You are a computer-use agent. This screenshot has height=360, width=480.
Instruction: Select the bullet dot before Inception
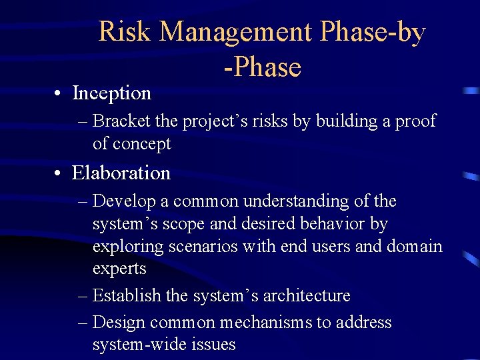coord(60,93)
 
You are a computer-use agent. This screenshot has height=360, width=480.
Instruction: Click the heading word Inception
coord(111,93)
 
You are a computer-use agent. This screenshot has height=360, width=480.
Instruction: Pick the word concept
coord(141,144)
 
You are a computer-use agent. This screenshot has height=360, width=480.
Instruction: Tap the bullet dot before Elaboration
coord(60,173)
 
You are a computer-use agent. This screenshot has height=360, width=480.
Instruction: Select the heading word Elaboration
coord(121,173)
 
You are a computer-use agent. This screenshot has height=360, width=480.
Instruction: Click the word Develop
coord(122,201)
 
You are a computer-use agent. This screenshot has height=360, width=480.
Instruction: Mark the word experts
coord(119,269)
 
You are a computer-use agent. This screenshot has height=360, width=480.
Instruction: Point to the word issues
coord(212,345)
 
